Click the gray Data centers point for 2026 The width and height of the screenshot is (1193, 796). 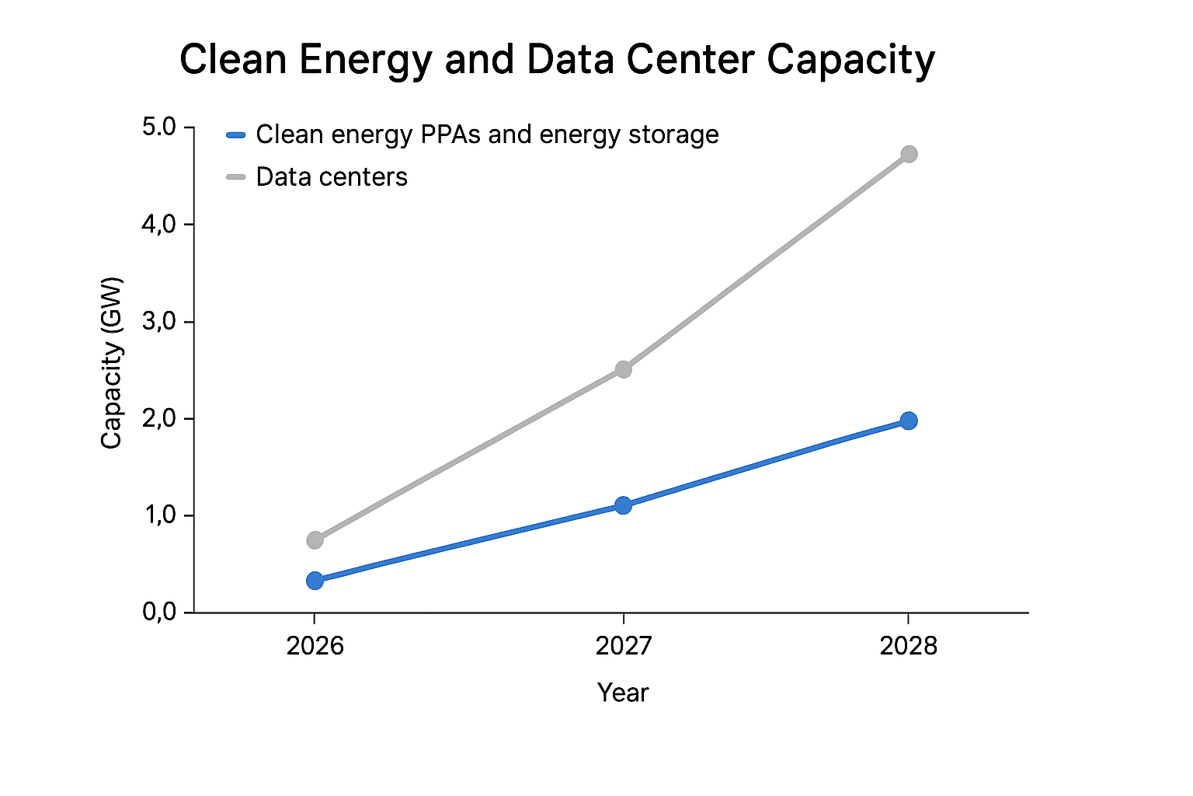pyautogui.click(x=315, y=539)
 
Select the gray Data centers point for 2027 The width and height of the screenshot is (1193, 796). pyautogui.click(x=623, y=369)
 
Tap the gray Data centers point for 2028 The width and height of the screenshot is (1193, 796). pyautogui.click(x=909, y=154)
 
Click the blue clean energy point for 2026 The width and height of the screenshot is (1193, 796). pyautogui.click(x=315, y=581)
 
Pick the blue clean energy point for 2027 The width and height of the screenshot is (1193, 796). pyautogui.click(x=623, y=505)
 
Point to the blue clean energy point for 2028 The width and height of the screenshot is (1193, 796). pyautogui.click(x=909, y=421)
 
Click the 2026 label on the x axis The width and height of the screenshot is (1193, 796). pyautogui.click(x=315, y=646)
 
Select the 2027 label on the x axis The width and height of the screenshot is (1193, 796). pyautogui.click(x=623, y=646)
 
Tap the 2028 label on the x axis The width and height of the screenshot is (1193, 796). pyautogui.click(x=908, y=646)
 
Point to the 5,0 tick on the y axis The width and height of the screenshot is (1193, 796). pyautogui.click(x=159, y=127)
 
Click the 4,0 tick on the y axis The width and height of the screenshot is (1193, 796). pyautogui.click(x=159, y=225)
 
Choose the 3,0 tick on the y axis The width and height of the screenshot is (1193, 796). pyautogui.click(x=159, y=322)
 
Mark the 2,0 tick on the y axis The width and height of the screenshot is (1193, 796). pyautogui.click(x=159, y=419)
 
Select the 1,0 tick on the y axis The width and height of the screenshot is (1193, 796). pyautogui.click(x=159, y=515)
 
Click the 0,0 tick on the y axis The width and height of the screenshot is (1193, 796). pyautogui.click(x=159, y=613)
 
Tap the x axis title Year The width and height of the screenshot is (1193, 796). pyautogui.click(x=622, y=693)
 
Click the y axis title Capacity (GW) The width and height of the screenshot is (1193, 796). pyautogui.click(x=112, y=362)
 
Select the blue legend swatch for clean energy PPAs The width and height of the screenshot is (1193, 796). pyautogui.click(x=235, y=135)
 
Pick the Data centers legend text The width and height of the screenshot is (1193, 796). pyautogui.click(x=332, y=177)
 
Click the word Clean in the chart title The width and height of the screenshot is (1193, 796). pyautogui.click(x=233, y=60)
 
